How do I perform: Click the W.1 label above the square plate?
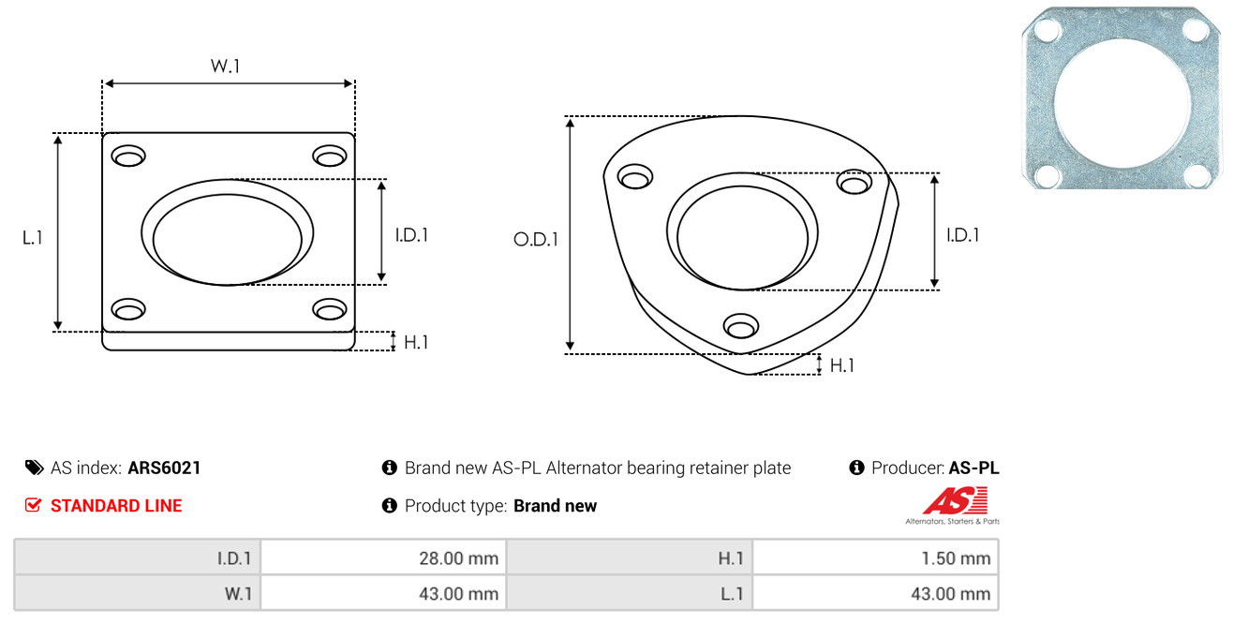pos(225,66)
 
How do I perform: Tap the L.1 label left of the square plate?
pos(33,238)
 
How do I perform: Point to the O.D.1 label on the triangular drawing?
pos(536,239)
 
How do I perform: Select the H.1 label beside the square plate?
pos(416,342)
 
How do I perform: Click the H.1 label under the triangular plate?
pos(841,365)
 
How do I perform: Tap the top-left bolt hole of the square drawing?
pos(128,156)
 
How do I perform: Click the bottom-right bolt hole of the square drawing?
pos(330,309)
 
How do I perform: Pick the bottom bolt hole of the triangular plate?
pos(741,326)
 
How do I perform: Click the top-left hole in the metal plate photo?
pos(1047,30)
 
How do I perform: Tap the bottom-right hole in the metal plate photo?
pos(1196,176)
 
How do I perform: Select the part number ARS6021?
pos(164,468)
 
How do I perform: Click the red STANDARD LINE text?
pos(116,506)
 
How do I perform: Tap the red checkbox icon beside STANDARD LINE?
pos(33,505)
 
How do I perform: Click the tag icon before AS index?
pos(34,468)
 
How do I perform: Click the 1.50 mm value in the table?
pos(956,558)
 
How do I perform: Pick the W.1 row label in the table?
pos(238,594)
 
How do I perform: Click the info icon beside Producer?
pos(856,468)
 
